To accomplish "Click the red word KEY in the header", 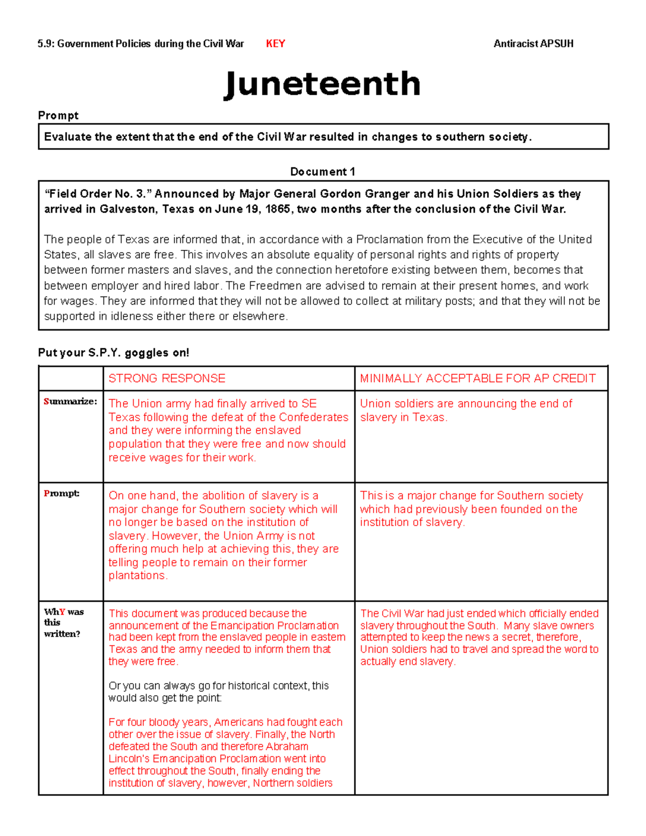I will (275, 44).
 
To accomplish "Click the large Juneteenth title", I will (322, 84).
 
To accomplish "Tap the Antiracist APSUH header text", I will (533, 44).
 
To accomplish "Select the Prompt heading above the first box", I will (58, 115).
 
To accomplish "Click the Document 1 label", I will (322, 172).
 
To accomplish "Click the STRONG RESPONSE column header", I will (167, 378).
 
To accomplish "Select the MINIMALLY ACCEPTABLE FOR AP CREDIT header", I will (478, 378).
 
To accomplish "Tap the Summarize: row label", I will (71, 401).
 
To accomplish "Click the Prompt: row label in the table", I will (61, 493).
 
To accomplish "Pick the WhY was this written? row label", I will (64, 622).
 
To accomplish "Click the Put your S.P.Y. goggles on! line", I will (114, 353).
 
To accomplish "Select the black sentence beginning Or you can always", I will (218, 692).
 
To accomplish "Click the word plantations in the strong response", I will (137, 575).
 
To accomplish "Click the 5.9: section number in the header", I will (46, 44).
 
